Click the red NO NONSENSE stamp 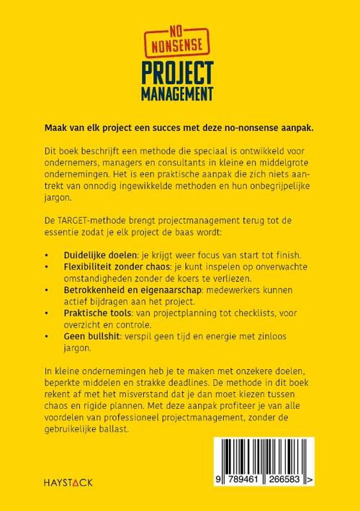(179, 38)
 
